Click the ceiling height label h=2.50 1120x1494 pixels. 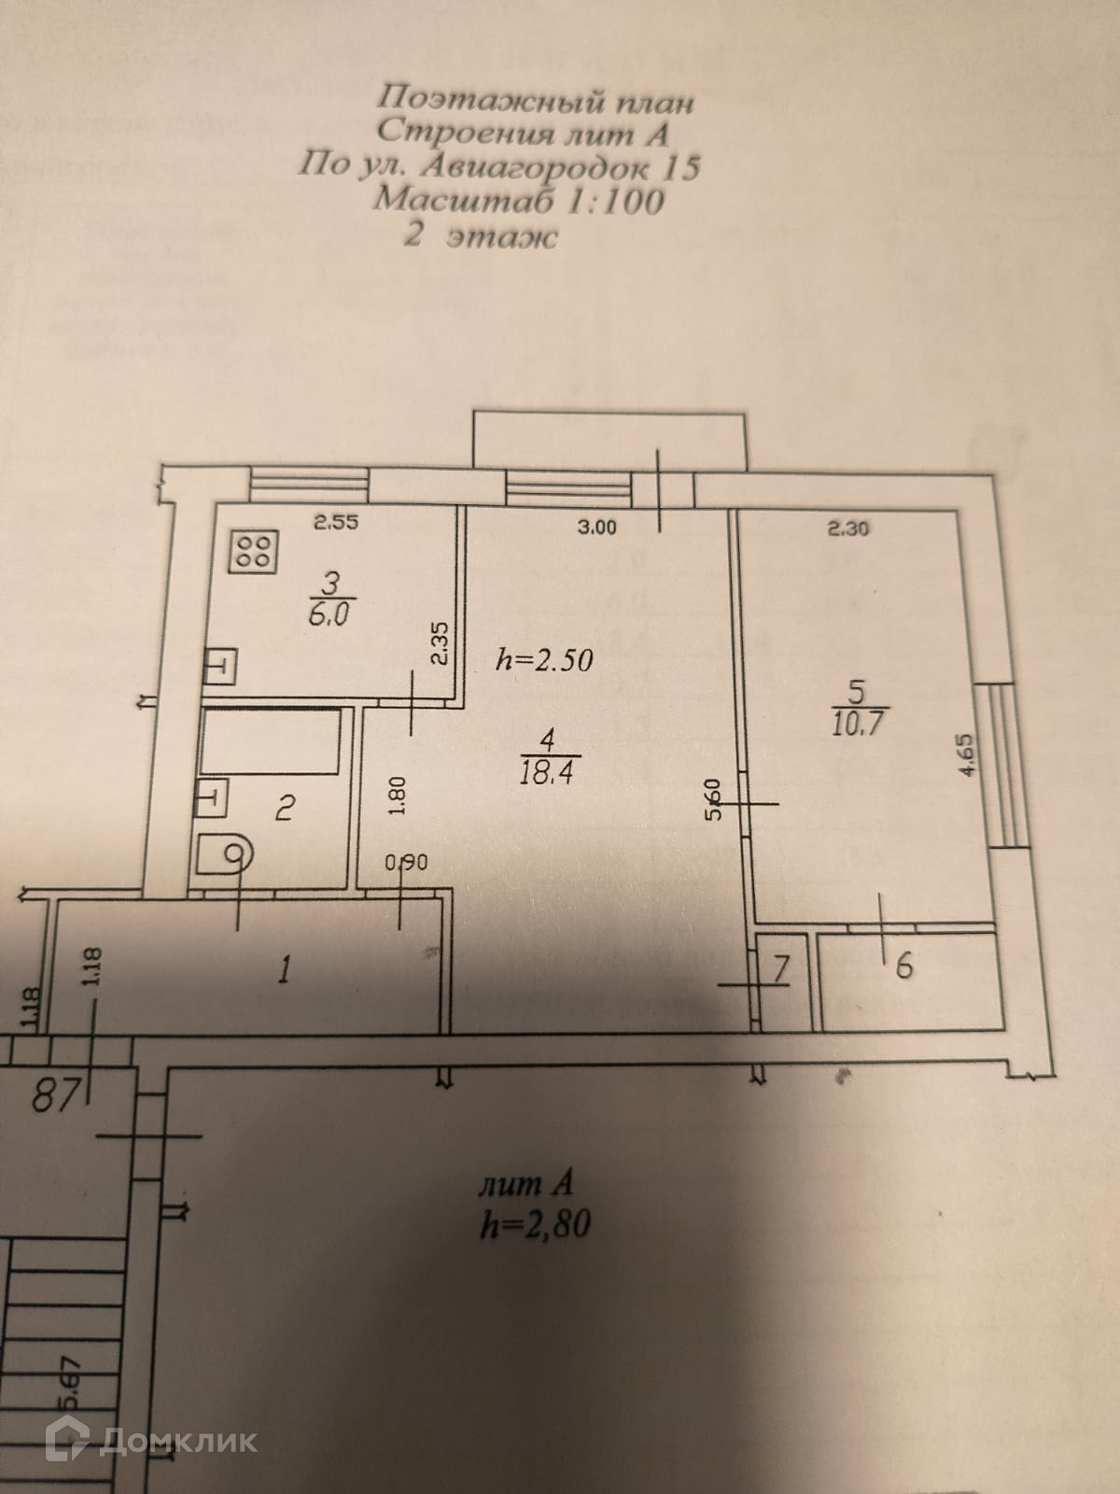pos(544,660)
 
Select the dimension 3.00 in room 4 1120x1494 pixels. pos(597,528)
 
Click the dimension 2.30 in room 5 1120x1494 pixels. pos(848,528)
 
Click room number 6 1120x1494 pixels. pos(903,967)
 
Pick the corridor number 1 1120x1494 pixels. pos(284,970)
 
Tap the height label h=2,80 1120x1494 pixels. pos(534,1224)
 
